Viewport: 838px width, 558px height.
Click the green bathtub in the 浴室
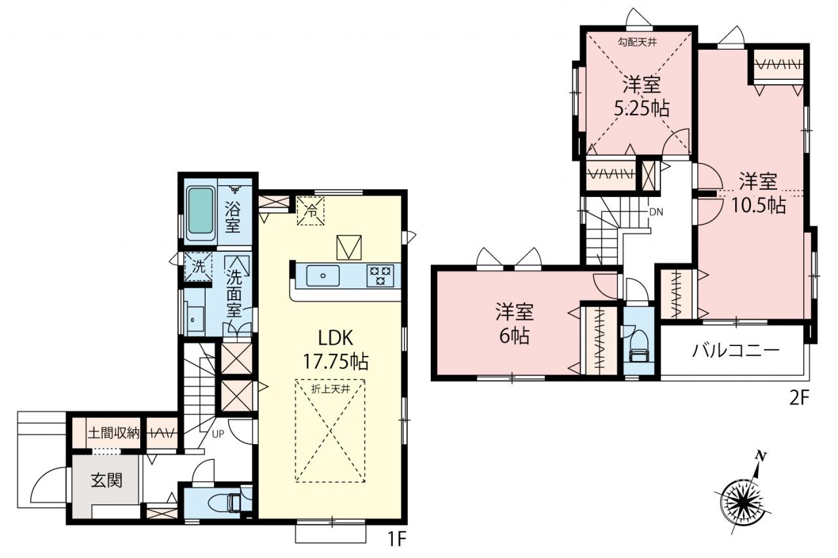pyautogui.click(x=200, y=213)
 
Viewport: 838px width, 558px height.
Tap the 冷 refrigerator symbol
pyautogui.click(x=310, y=211)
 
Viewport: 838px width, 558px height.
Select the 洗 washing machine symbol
pyautogui.click(x=198, y=266)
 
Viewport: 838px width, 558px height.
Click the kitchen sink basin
pyautogui.click(x=323, y=276)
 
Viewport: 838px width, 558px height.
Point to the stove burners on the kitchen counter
pyautogui.click(x=380, y=276)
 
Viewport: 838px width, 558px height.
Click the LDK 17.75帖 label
pyautogui.click(x=336, y=350)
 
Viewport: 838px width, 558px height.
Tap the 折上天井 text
pyautogui.click(x=331, y=389)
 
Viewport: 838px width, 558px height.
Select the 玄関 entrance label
pyautogui.click(x=107, y=481)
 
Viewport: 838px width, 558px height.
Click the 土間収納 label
pyautogui.click(x=114, y=433)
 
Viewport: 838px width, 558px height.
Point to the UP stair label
pyautogui.click(x=218, y=434)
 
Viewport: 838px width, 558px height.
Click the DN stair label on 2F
pyautogui.click(x=656, y=213)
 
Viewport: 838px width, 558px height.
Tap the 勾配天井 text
pyautogui.click(x=637, y=43)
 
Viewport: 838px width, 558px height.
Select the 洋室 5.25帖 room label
pyautogui.click(x=642, y=97)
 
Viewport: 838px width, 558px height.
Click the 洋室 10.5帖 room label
pyautogui.click(x=758, y=193)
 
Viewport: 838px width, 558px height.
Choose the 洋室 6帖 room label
pyautogui.click(x=515, y=323)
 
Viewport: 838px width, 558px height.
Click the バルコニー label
pyautogui.click(x=736, y=351)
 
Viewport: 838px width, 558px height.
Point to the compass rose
pyautogui.click(x=744, y=502)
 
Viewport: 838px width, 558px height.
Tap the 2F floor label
pyautogui.click(x=799, y=399)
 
